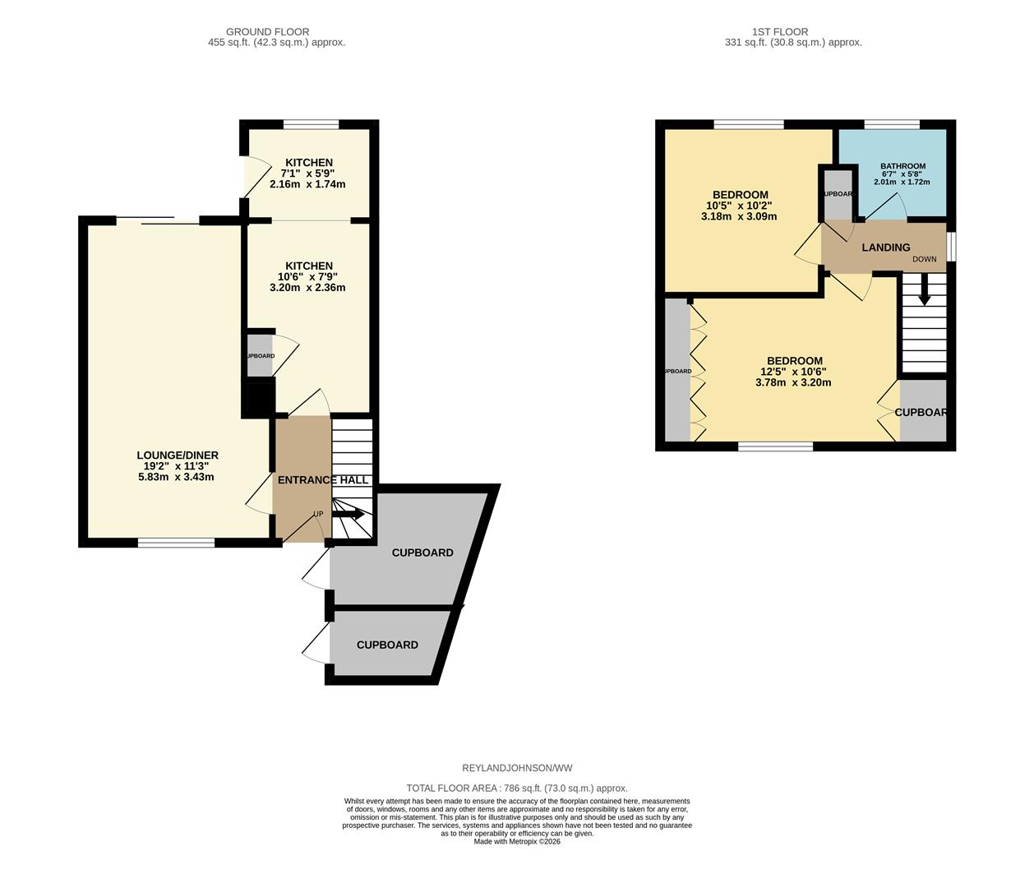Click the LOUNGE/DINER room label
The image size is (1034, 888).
[177, 456]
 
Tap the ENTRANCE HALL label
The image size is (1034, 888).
[322, 480]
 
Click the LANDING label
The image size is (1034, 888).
[885, 247]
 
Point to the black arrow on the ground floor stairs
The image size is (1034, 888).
[349, 514]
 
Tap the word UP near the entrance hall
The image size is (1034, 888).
[318, 515]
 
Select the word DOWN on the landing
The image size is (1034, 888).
[924, 260]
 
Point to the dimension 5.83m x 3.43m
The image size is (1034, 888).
[176, 477]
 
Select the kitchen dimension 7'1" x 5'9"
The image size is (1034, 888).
[307, 173]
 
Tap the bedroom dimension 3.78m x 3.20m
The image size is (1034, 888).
[793, 382]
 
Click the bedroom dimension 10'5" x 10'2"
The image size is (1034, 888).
[739, 206]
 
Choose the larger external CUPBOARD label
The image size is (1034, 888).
[422, 553]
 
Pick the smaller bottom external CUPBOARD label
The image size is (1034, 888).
[387, 645]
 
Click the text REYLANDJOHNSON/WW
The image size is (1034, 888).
[517, 768]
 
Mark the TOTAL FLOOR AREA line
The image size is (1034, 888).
[517, 788]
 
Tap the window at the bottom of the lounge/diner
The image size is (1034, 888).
[176, 542]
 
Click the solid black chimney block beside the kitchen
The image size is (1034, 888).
[259, 399]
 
